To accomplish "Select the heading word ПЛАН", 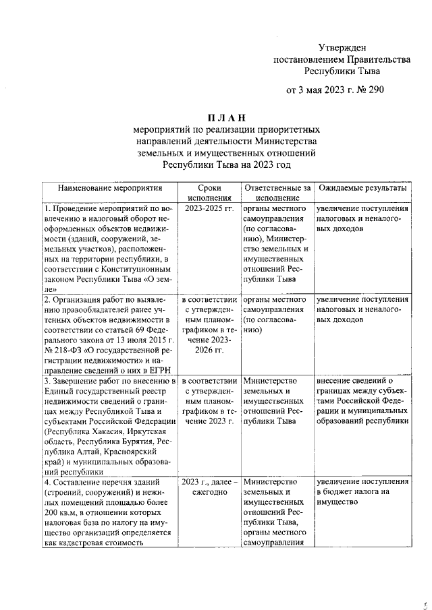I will [225, 118].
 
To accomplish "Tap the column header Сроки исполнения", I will [209, 193].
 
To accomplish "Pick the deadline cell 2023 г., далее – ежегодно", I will [209, 488].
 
